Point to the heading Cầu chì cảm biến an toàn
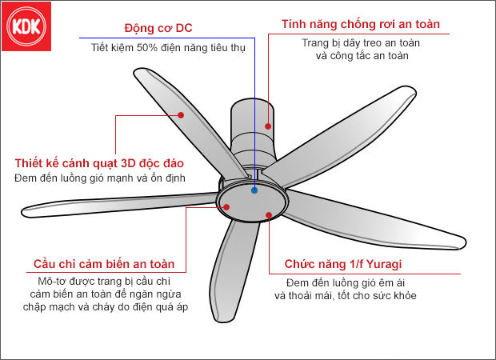(104, 264)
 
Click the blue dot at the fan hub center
(254, 190)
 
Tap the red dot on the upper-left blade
(182, 115)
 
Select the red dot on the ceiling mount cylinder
(269, 126)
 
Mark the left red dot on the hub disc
(226, 207)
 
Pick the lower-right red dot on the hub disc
(269, 214)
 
